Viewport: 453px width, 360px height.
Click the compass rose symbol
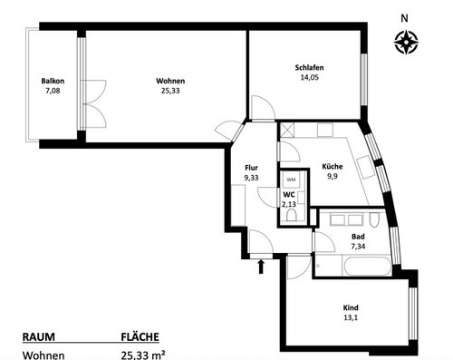click(406, 42)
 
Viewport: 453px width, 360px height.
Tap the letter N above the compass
click(404, 18)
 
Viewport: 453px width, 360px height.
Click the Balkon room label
click(53, 81)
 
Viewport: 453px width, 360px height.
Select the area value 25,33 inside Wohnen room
click(170, 91)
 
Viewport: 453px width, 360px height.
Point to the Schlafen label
click(309, 67)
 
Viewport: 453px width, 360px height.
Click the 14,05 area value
click(309, 77)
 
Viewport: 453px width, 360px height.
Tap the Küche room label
click(333, 166)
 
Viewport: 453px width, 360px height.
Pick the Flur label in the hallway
click(251, 168)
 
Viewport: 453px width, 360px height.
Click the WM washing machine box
click(291, 180)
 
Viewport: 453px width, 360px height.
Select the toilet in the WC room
click(292, 216)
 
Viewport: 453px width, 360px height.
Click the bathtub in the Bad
click(367, 266)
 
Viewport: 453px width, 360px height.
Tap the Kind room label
click(351, 307)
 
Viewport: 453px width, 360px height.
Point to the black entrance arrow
click(261, 267)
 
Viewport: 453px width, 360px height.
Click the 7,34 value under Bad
click(358, 247)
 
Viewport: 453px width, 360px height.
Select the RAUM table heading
click(39, 337)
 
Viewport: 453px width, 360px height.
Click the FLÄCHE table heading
click(140, 337)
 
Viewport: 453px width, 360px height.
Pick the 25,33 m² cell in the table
click(143, 355)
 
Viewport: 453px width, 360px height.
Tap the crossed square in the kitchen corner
click(287, 130)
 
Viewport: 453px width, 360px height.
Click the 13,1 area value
click(351, 317)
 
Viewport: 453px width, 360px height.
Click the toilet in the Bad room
click(374, 220)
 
